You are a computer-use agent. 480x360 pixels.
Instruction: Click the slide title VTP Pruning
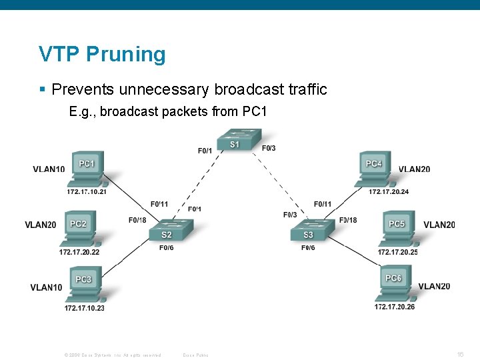(102, 54)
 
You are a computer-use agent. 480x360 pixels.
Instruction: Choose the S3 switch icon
(308, 232)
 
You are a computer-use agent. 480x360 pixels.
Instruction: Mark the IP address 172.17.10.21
(86, 192)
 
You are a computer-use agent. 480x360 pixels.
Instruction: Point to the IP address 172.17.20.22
(79, 252)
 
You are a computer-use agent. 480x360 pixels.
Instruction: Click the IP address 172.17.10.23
(84, 308)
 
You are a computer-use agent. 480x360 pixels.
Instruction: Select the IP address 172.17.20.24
(389, 192)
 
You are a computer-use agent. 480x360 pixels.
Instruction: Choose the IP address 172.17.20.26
(394, 307)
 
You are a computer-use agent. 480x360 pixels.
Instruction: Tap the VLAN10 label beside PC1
(49, 169)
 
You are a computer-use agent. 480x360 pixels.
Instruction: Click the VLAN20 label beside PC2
(41, 225)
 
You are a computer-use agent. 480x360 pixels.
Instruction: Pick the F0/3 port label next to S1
(269, 148)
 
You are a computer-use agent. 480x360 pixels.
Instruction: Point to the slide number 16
(459, 354)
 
